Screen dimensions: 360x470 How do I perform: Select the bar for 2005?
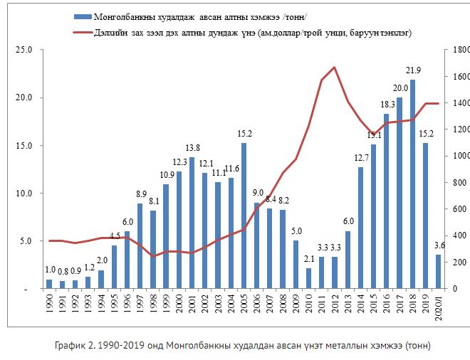[244, 216]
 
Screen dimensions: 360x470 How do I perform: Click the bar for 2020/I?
[439, 272]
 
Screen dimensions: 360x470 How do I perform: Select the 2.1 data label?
[309, 260]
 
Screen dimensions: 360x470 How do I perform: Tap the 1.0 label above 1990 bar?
[49, 270]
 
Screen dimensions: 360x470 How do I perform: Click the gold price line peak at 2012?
[335, 67]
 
